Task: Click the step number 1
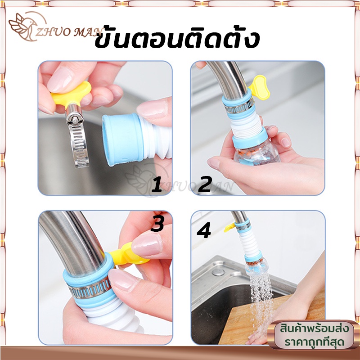tap(157, 184)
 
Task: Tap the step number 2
tap(205, 184)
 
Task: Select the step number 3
tap(157, 224)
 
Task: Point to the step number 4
tap(204, 231)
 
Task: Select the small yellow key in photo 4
tap(230, 227)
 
